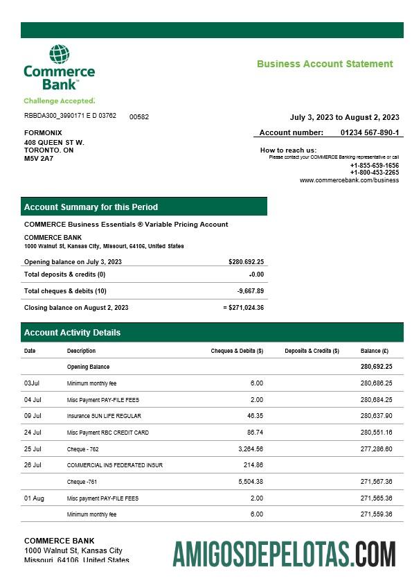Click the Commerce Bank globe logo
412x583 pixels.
[59, 55]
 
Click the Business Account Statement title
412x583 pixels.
[325, 64]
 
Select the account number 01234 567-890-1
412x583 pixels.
[369, 132]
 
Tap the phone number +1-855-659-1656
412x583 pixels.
[374, 166]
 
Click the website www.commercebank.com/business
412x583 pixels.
[349, 180]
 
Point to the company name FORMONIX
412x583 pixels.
[43, 132]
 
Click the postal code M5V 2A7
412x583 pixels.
[39, 158]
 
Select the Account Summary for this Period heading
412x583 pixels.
[91, 207]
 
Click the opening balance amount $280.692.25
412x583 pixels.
[246, 262]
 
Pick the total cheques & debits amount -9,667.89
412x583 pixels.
[250, 291]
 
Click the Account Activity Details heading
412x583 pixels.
[72, 333]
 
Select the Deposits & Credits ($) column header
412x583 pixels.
[312, 351]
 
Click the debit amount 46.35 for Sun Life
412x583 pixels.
[255, 416]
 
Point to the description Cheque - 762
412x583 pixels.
[83, 449]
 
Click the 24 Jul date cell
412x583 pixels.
[33, 433]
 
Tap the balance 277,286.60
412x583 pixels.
[376, 449]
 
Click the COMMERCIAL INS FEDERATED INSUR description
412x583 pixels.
[115, 465]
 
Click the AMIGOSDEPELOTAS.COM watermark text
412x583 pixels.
[284, 555]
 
